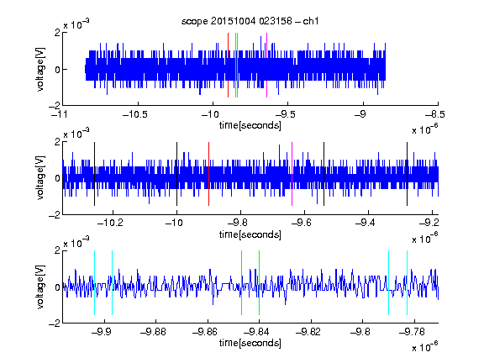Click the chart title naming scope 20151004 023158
250,21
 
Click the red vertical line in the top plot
228,65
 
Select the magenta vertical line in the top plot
266,65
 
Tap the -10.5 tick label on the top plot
135,114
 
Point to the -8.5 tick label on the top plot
435,114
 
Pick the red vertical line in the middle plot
208,174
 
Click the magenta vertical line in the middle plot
292,174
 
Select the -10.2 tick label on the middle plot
110,223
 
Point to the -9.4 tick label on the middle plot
366,223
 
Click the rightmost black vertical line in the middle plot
408,174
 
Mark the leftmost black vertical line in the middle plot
94,174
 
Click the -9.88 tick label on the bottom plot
153,332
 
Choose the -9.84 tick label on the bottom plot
256,332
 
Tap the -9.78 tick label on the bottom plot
412,332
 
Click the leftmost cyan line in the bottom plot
94,282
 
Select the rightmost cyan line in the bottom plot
408,282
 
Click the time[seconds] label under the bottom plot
250,343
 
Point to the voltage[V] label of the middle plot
40,178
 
